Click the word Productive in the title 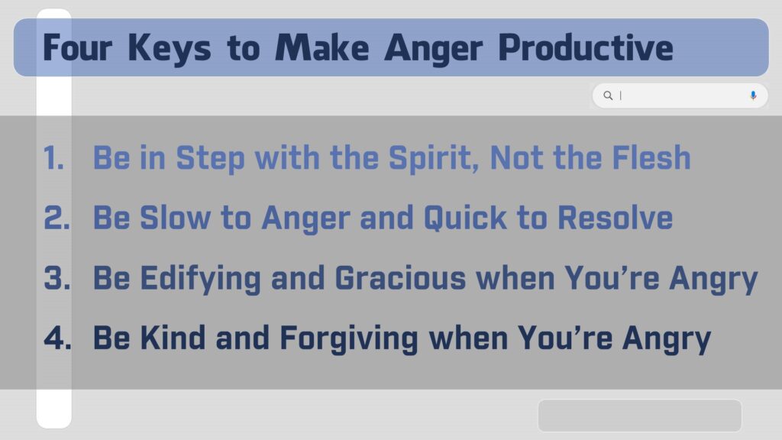tap(586, 48)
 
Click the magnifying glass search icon tap(607, 95)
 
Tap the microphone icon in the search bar tap(753, 95)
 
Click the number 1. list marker tap(54, 158)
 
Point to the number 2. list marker tap(57, 218)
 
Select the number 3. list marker tap(57, 278)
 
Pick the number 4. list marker tap(57, 338)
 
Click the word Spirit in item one tap(434, 159)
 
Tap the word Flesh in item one tap(651, 157)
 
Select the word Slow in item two tap(175, 218)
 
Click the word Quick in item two tap(465, 218)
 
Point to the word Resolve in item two tap(615, 218)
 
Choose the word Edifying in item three tap(201, 279)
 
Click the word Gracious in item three tap(400, 278)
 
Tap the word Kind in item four tap(173, 338)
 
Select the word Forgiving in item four tap(348, 338)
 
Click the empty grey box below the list tap(639, 415)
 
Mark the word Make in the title tap(322, 48)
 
